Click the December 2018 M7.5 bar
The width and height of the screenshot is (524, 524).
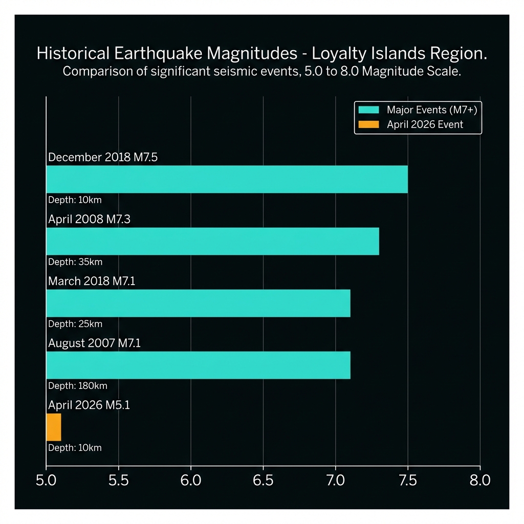coord(227,179)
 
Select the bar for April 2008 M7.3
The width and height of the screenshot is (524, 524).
coord(212,241)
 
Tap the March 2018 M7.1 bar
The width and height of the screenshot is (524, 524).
coord(198,303)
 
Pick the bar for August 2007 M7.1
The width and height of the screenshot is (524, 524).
coord(198,365)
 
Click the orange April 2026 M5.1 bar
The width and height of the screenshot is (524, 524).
coord(54,427)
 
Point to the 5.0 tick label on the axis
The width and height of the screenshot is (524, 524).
coord(46,481)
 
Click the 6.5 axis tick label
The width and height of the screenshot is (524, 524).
coord(263,481)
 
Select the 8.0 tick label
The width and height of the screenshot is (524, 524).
coord(479,481)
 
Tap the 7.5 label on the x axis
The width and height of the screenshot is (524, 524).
coord(407,481)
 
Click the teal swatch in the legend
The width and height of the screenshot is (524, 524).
coord(368,110)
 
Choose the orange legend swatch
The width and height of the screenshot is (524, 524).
coord(368,124)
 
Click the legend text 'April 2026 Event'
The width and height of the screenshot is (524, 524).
coord(425,124)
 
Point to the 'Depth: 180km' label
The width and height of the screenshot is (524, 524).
coord(77,386)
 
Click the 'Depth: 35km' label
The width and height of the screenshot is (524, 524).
coord(75,262)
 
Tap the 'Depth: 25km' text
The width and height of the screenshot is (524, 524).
coord(75,324)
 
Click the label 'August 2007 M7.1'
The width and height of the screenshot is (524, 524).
coord(94,343)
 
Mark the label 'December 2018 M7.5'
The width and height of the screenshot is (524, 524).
coord(102,157)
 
